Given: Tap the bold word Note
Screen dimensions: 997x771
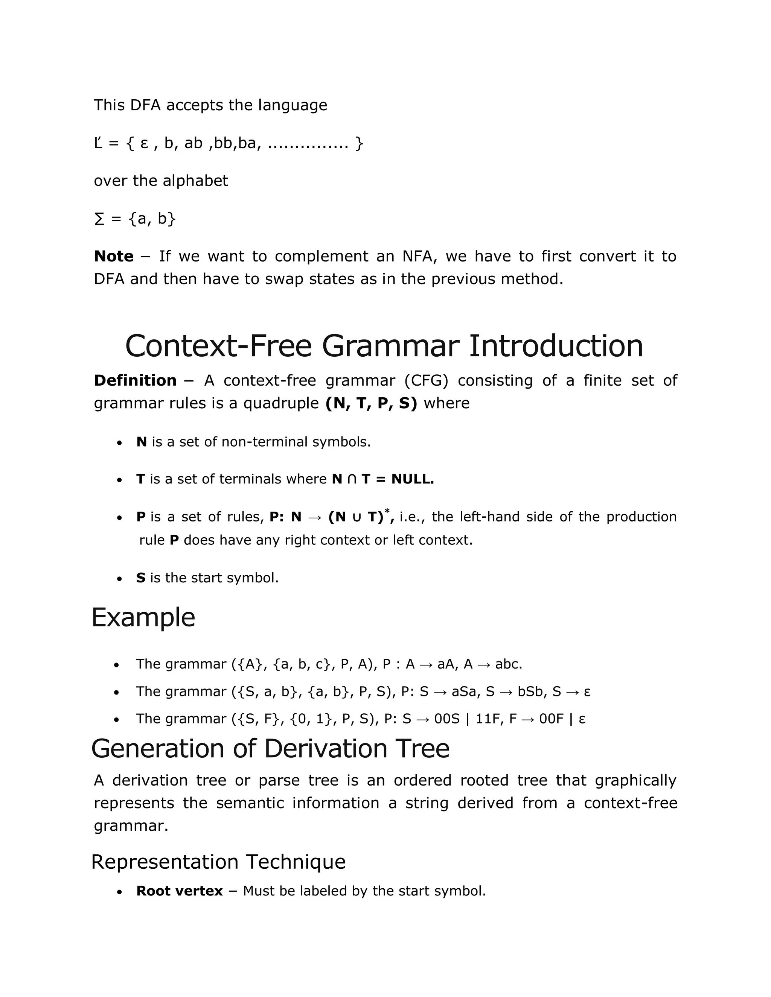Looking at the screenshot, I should [114, 257].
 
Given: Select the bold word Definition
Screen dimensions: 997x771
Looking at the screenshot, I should [135, 381].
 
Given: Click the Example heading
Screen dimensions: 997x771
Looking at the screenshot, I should [143, 618].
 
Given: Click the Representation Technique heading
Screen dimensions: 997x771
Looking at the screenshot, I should [218, 862].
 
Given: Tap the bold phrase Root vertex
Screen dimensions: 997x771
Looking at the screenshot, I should [180, 891].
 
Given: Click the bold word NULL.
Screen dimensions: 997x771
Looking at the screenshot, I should [413, 479].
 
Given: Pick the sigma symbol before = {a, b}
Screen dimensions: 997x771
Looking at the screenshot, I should [99, 219].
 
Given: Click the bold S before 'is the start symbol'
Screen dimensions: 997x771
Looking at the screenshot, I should [141, 578].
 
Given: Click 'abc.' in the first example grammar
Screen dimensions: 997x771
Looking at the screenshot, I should [508, 664].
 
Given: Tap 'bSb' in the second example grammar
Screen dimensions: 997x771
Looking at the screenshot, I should [532, 692].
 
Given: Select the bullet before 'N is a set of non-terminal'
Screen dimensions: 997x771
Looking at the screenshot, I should [119, 443].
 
